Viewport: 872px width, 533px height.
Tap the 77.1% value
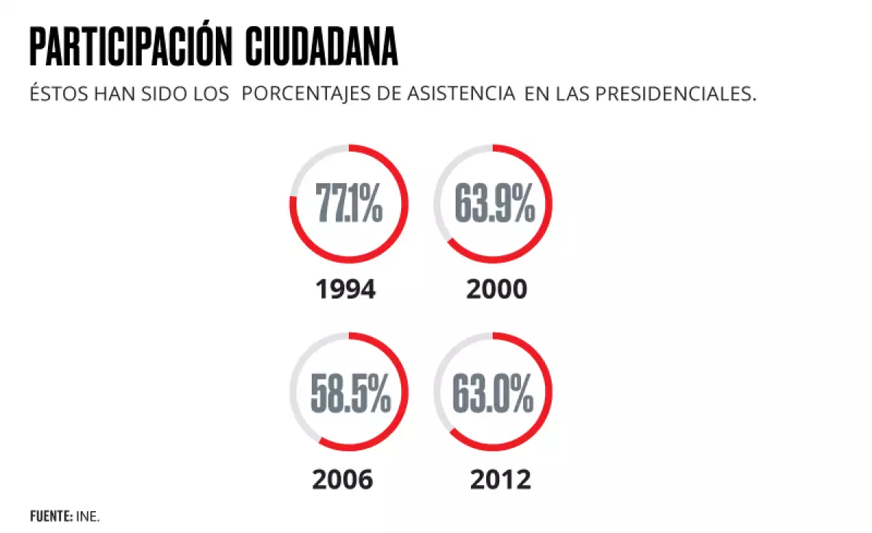349,204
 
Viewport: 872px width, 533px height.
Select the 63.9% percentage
494,204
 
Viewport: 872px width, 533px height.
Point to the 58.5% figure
350,393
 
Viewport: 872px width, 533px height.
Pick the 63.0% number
493,393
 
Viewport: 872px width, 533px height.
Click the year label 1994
346,290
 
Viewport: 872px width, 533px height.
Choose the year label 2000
496,290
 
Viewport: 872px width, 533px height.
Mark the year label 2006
343,479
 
